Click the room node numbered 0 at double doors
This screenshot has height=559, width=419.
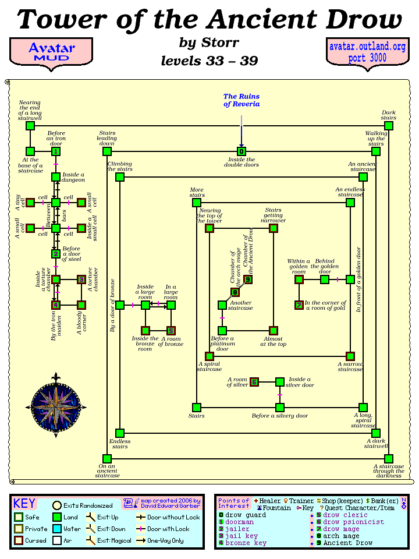[x=241, y=151]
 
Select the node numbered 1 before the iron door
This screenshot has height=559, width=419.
[x=56, y=151]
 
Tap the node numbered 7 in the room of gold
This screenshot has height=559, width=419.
[x=299, y=305]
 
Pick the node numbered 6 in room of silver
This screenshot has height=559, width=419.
[x=254, y=382]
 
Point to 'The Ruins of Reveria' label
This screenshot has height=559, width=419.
[x=242, y=100]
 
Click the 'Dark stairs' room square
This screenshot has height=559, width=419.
[x=389, y=126]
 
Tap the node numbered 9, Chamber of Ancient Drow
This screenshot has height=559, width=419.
[x=247, y=279]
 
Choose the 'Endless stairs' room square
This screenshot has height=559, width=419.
[x=119, y=433]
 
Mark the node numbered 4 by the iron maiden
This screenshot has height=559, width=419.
[x=56, y=305]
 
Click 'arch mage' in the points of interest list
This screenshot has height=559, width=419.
[x=341, y=536]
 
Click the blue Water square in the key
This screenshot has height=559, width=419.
[x=56, y=529]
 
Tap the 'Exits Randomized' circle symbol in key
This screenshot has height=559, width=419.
[x=56, y=505]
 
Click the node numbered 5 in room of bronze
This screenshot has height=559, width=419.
[x=171, y=330]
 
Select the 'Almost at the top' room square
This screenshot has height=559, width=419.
[x=273, y=330]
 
